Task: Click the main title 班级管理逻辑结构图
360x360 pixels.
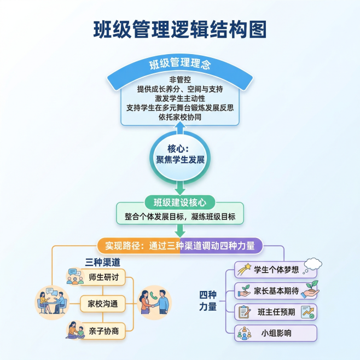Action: coord(180,30)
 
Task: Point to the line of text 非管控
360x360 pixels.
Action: coord(180,79)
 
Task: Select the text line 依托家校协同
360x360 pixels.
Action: coord(180,117)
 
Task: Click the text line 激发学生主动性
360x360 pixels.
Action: coord(180,98)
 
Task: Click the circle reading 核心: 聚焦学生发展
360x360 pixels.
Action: coord(180,155)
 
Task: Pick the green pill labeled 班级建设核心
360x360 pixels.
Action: coord(180,202)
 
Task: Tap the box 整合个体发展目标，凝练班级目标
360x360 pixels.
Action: coord(180,217)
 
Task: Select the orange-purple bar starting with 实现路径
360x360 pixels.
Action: coord(180,246)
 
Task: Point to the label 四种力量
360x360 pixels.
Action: coord(208,301)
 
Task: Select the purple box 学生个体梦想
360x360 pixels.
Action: coord(273,269)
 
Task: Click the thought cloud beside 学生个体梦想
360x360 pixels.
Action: coord(311,265)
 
